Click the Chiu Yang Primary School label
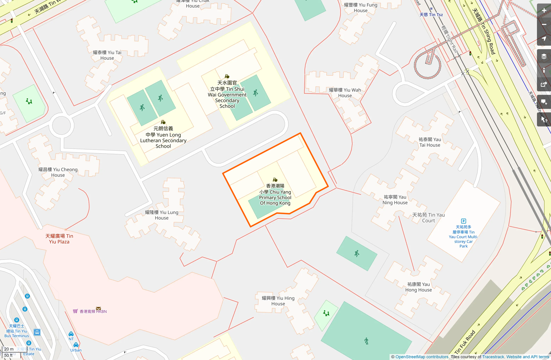coord(275,194)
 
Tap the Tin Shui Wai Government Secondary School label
coord(227,94)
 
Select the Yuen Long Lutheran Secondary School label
coord(163,137)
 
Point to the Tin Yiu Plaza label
coord(59,239)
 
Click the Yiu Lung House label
coord(162,215)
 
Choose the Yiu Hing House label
coord(278,301)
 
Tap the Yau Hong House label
coord(419,287)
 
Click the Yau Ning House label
coord(395,200)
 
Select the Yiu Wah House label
coord(345,93)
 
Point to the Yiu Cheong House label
coord(58,172)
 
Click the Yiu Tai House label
coord(107,55)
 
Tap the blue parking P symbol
coord(463,221)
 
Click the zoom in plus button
coord(544,11)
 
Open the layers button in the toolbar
coord(544,56)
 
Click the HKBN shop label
coord(93,311)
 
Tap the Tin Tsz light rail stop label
coord(431,15)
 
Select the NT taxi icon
coord(71,334)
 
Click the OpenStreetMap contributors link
coord(422,357)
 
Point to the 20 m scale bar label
coord(9,349)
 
